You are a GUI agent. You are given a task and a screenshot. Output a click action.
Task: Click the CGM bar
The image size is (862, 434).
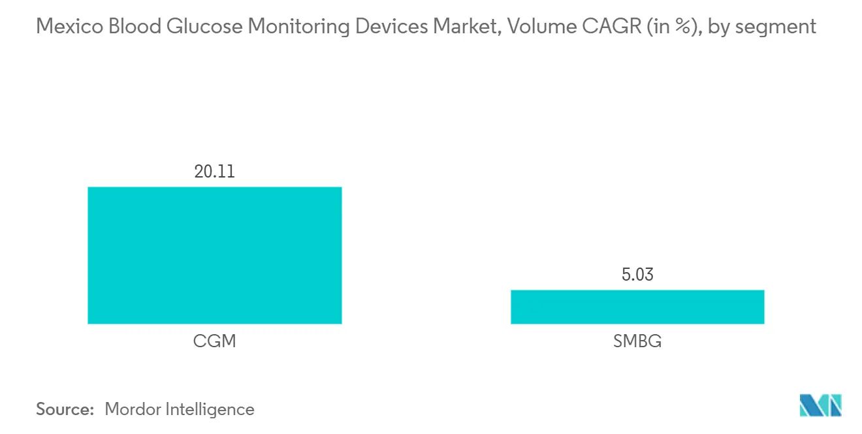coord(214,255)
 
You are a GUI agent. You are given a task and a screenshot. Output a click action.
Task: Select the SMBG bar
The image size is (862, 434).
coord(637,307)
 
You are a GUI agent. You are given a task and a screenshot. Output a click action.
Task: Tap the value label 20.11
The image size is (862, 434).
coord(214,172)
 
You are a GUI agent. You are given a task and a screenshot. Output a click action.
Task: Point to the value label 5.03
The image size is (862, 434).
coord(637,275)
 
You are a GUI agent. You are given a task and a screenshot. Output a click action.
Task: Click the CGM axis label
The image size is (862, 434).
coord(214,341)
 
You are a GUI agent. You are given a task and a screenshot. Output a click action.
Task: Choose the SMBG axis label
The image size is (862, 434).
coord(637,341)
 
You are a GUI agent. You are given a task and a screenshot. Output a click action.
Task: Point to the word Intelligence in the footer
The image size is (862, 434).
coord(210,410)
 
